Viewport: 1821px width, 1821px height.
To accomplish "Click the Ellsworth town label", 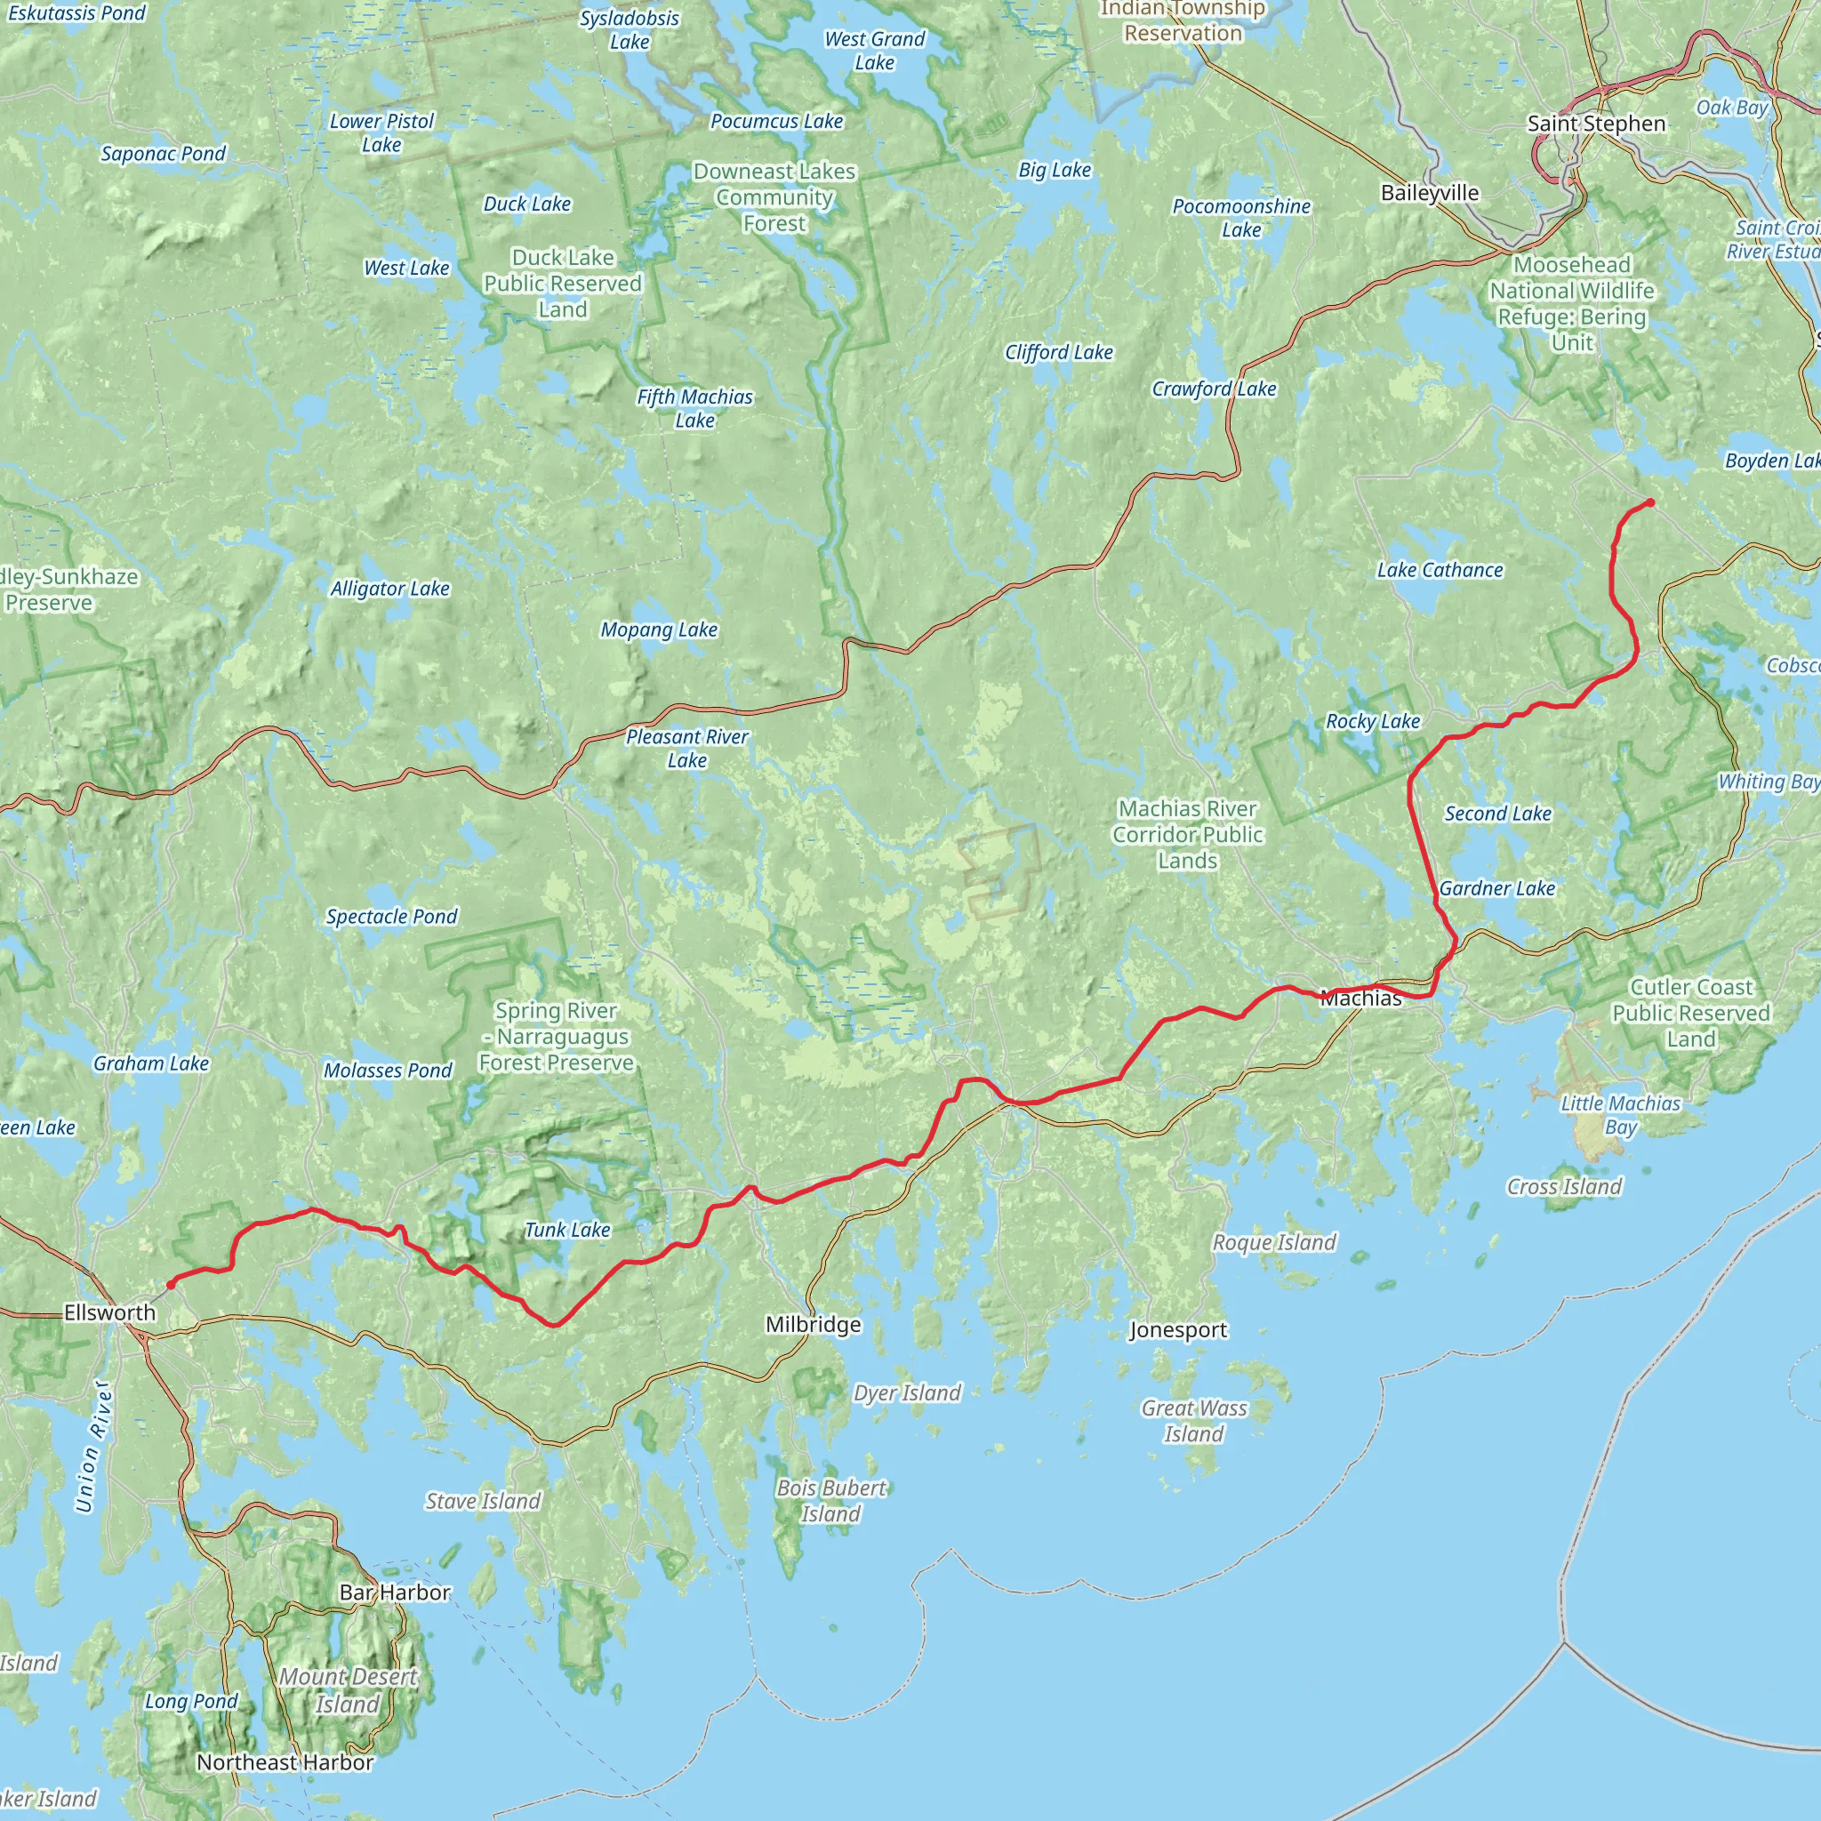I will (109, 1312).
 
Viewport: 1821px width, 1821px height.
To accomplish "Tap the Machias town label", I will (1360, 999).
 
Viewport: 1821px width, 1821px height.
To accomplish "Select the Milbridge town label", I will (813, 1324).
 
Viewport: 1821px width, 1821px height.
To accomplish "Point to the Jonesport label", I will (1178, 1330).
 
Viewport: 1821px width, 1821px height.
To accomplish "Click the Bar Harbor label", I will (395, 1592).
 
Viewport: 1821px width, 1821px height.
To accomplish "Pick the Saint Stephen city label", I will (1596, 124).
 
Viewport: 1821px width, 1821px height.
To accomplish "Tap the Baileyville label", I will (1429, 192).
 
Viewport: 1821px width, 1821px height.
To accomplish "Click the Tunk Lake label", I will (567, 1229).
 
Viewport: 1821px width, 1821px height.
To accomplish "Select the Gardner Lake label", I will (1496, 888).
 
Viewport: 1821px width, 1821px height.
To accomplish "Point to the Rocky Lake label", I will (1372, 721).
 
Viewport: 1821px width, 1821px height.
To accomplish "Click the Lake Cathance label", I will (1440, 569).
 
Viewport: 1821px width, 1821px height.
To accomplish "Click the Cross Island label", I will (1564, 1187).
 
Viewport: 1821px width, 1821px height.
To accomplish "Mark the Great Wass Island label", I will (1193, 1420).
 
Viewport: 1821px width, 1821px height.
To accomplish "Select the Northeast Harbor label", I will (285, 1761).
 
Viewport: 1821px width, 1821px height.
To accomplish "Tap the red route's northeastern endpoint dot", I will (1650, 502).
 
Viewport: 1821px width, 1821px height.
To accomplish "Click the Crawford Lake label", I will (1213, 389).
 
